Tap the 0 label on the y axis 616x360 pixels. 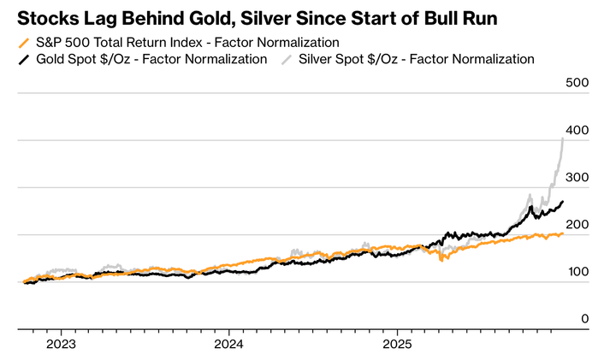click(585, 319)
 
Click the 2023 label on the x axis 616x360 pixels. click(61, 345)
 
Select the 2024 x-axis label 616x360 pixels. click(229, 345)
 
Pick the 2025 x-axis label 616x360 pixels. click(398, 345)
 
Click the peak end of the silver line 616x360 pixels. click(562, 138)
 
